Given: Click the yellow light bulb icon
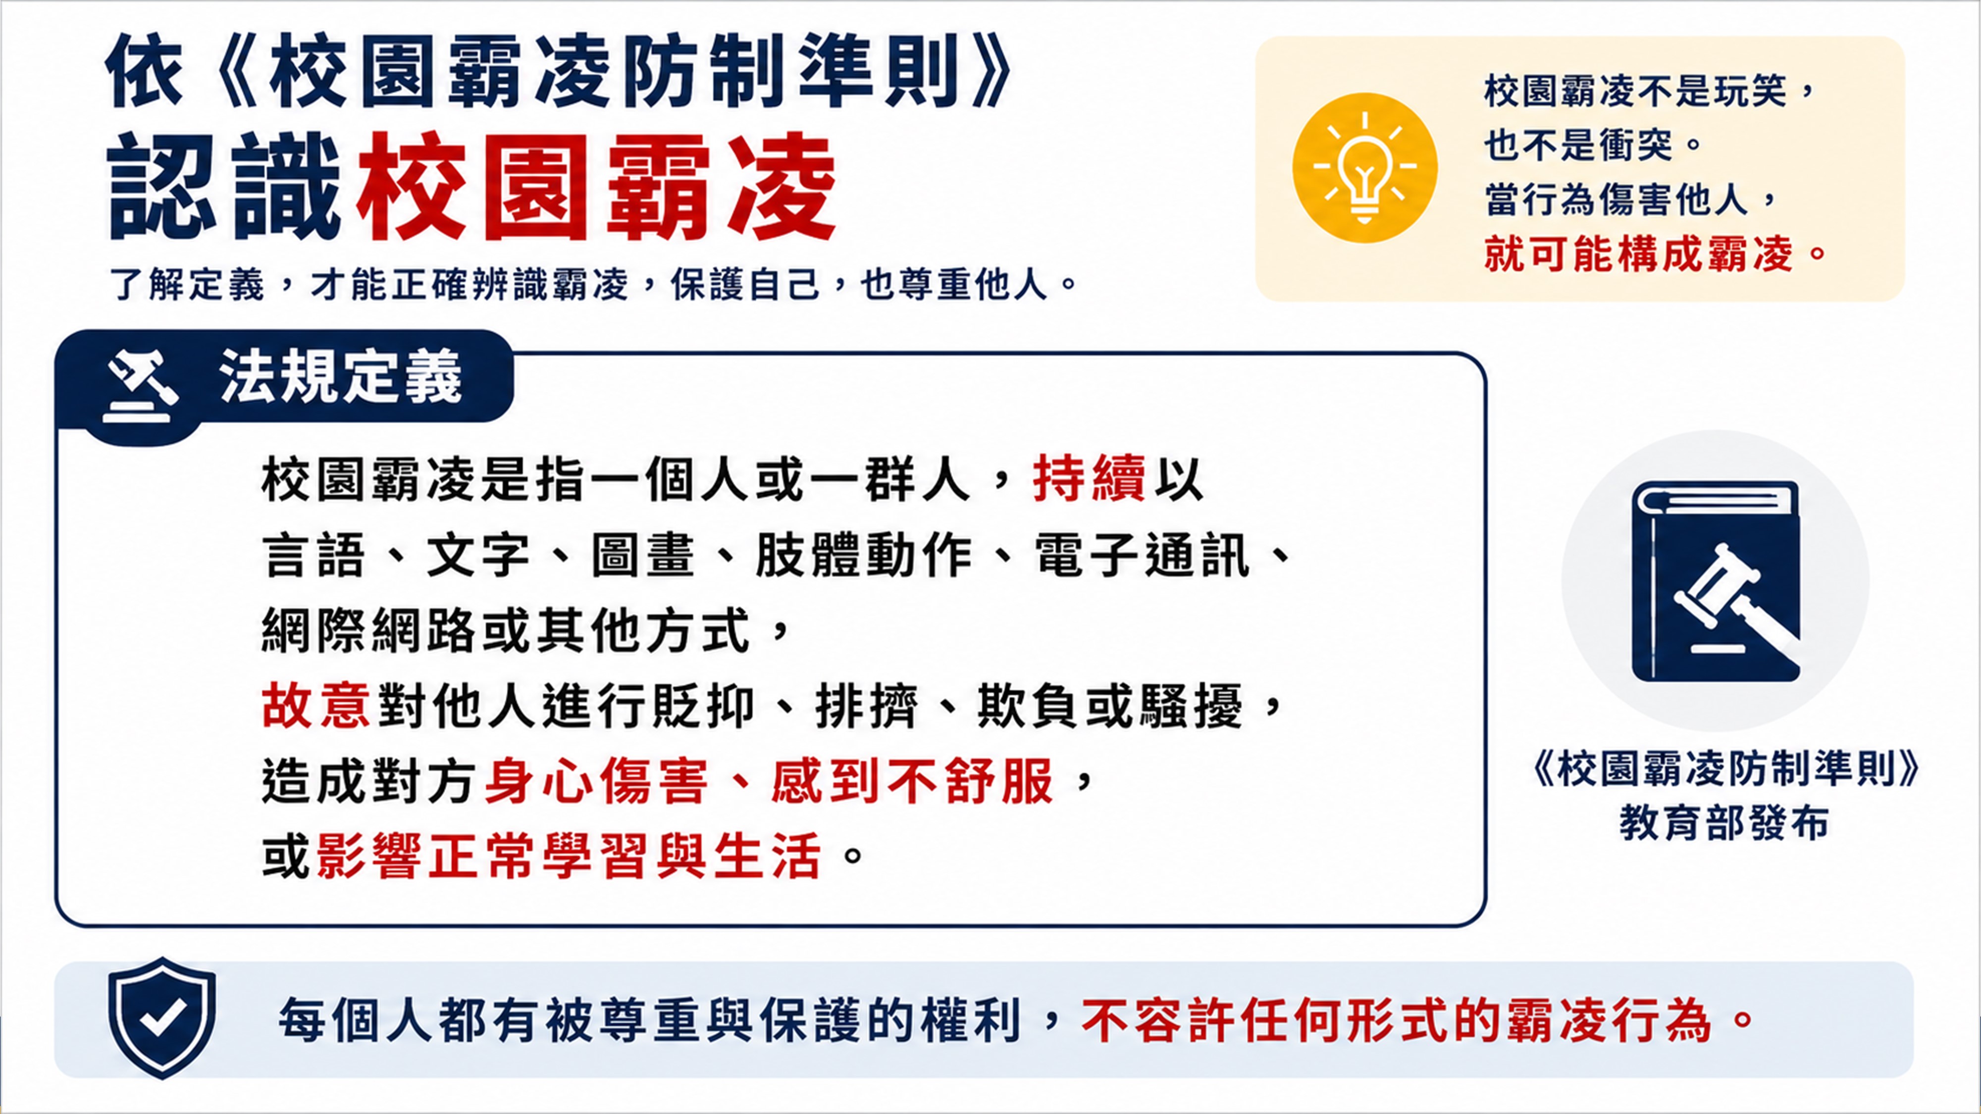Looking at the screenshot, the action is [1364, 168].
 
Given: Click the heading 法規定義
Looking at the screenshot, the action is [341, 377].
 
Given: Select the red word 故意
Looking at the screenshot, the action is [316, 705].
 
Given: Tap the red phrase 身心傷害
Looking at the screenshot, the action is [596, 780].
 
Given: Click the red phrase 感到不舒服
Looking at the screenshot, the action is [912, 780].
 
